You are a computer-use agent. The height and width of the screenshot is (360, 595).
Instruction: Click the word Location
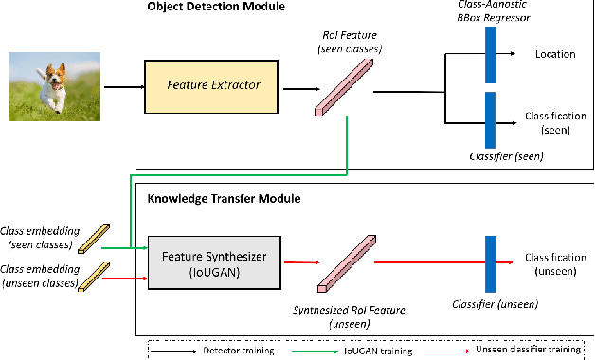pyautogui.click(x=554, y=54)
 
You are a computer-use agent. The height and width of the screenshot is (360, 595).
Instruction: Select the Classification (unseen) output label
pyautogui.click(x=554, y=262)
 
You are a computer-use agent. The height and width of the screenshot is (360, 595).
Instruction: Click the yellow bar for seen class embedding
pyautogui.click(x=95, y=233)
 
